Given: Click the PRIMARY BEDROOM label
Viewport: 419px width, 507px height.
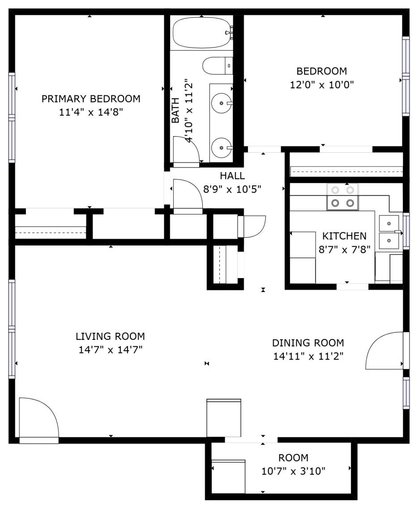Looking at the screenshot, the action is click(91, 99).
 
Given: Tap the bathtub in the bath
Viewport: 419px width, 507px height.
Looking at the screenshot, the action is click(201, 33).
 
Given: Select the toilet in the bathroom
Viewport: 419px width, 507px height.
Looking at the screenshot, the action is click(218, 66).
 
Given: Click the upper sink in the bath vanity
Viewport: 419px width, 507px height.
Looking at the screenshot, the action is click(222, 103).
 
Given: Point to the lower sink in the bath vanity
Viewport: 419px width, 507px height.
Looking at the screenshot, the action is click(222, 148).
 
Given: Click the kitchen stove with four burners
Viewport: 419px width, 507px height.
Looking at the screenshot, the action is click(342, 197).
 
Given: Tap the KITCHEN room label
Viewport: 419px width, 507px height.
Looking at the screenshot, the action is click(344, 236).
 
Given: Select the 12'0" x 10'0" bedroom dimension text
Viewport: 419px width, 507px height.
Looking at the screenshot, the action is click(322, 85).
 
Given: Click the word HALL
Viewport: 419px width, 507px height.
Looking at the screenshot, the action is click(232, 176).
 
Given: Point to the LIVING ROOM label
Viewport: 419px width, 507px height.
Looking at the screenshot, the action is click(110, 336).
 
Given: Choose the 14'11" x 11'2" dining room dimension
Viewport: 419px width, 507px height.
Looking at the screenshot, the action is click(308, 357).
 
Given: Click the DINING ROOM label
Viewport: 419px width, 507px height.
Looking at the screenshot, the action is click(308, 343).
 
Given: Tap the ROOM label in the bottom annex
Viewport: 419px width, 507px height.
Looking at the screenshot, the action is click(293, 458).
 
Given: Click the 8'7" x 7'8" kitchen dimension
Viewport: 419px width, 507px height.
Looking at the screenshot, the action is click(344, 249).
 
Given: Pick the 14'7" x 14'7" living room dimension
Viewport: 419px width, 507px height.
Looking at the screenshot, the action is click(111, 350).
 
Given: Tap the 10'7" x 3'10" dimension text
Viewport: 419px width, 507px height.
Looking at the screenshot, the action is click(293, 471).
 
